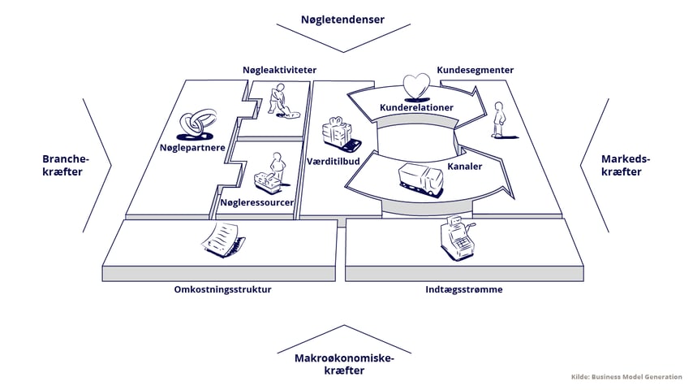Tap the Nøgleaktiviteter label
click(x=279, y=71)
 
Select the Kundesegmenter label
click(x=475, y=71)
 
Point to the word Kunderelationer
click(x=416, y=108)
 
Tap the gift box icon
click(x=337, y=132)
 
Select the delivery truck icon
click(x=420, y=179)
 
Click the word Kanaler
click(x=465, y=167)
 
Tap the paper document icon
click(x=221, y=239)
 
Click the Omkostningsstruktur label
click(x=222, y=290)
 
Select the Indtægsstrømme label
click(x=463, y=290)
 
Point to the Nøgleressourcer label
click(x=257, y=202)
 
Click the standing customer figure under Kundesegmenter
click(x=497, y=123)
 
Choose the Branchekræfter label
click(x=65, y=166)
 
